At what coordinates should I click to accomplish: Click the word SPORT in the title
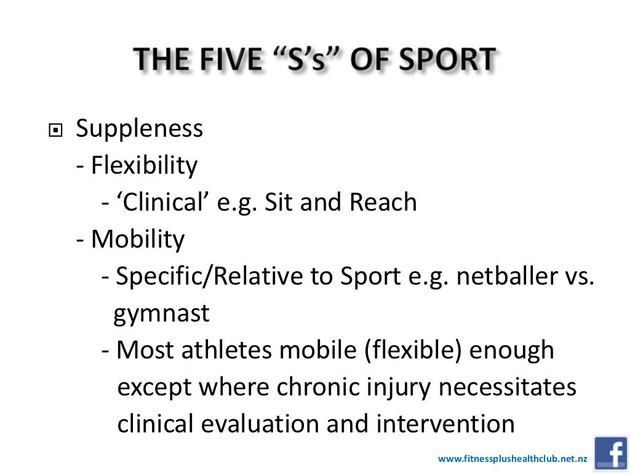click(442, 60)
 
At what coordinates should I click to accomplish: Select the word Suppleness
click(139, 129)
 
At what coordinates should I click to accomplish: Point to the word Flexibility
click(145, 166)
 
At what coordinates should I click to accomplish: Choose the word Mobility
click(138, 240)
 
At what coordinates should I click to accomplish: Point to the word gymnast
click(162, 314)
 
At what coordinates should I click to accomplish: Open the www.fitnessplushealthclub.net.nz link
click(512, 459)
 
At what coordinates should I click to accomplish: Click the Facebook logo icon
click(610, 454)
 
